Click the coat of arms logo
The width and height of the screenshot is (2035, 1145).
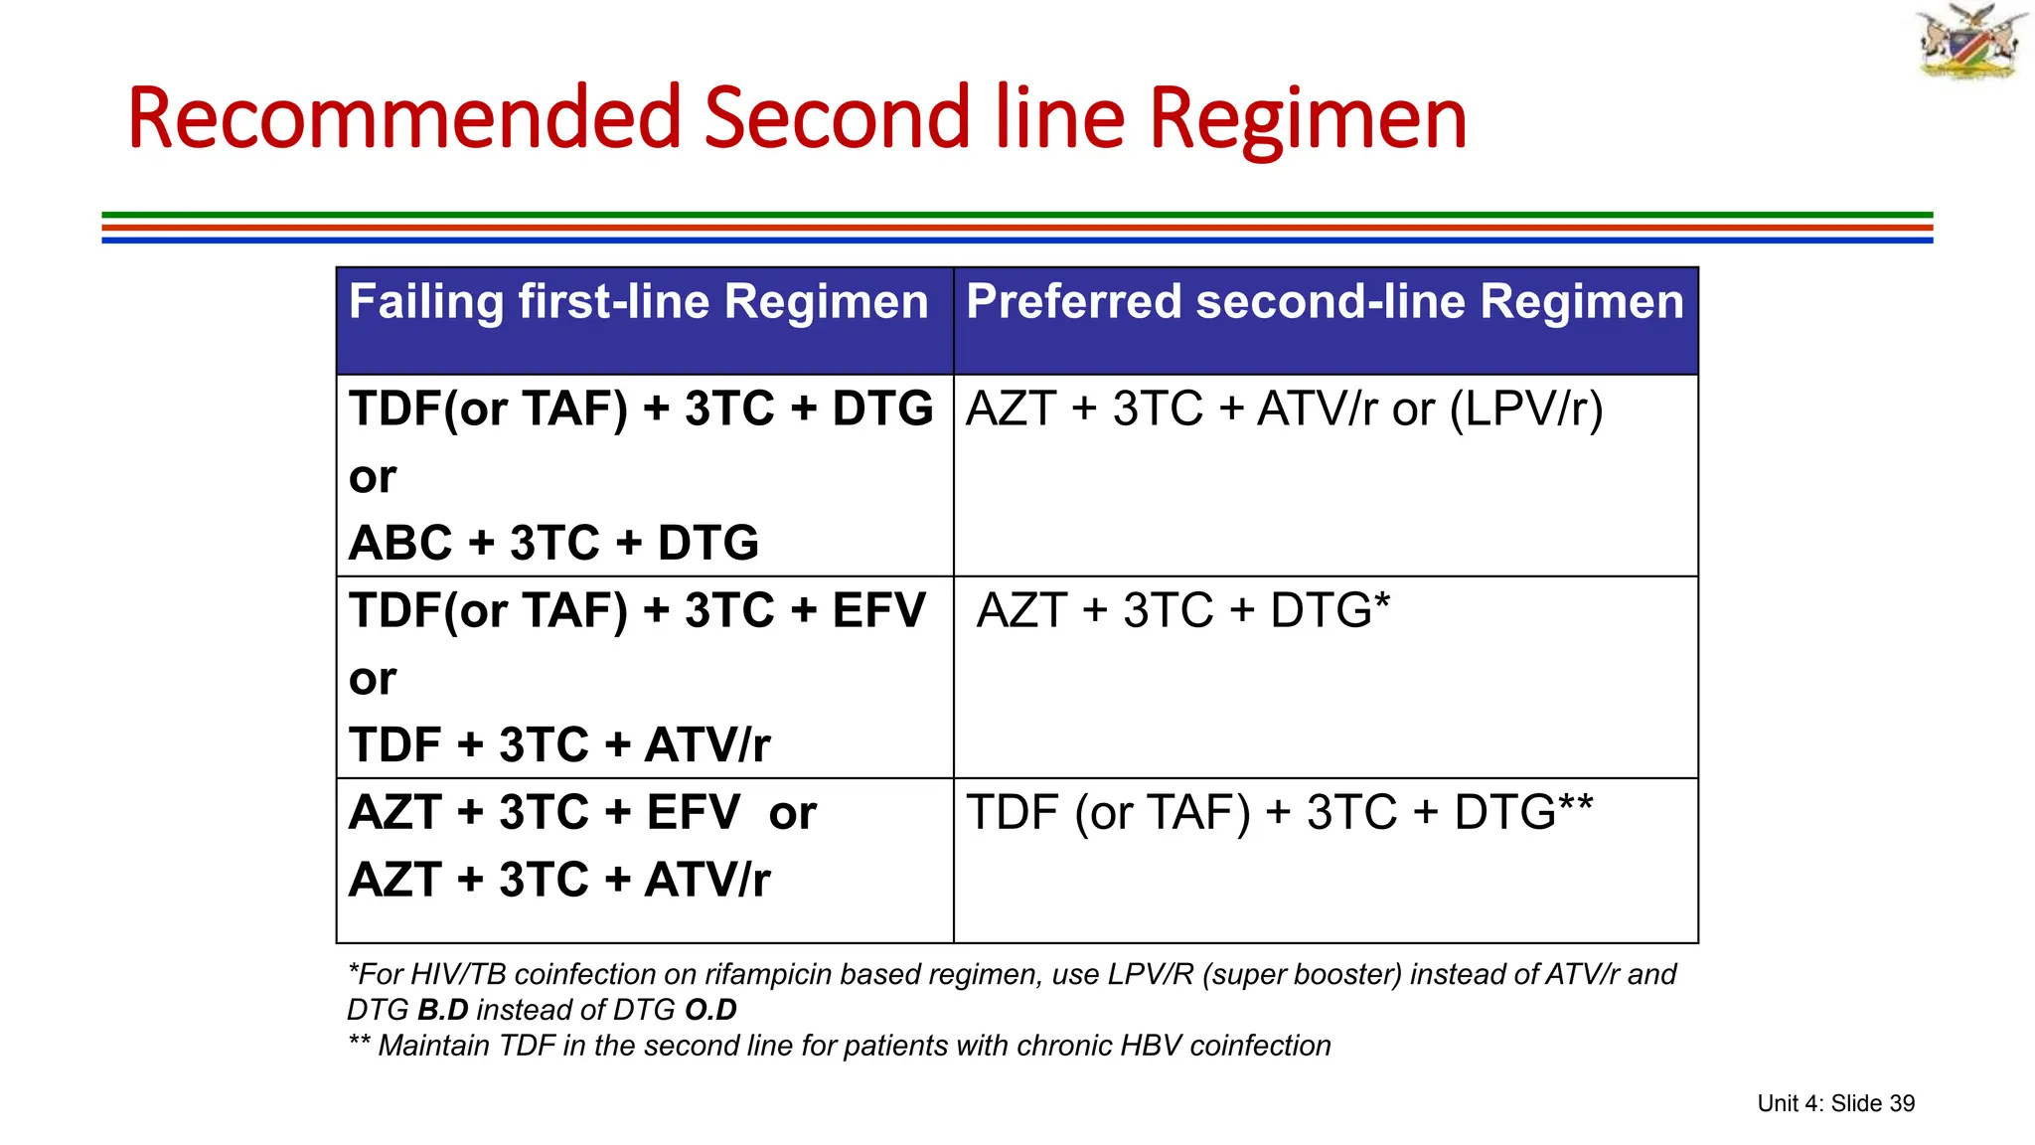(1970, 42)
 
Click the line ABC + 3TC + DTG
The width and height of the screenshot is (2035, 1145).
(553, 544)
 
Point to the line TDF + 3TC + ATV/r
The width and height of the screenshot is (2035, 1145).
(559, 745)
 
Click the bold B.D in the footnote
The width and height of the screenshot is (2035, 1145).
(442, 1010)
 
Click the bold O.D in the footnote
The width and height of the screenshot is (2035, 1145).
(710, 1010)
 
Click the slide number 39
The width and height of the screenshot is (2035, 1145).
(1901, 1103)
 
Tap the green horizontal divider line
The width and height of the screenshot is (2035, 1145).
(1017, 215)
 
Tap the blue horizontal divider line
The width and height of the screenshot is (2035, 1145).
(1017, 240)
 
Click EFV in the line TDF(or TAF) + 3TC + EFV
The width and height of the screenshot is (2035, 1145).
(878, 610)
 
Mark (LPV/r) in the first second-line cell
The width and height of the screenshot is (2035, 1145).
(1526, 409)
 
